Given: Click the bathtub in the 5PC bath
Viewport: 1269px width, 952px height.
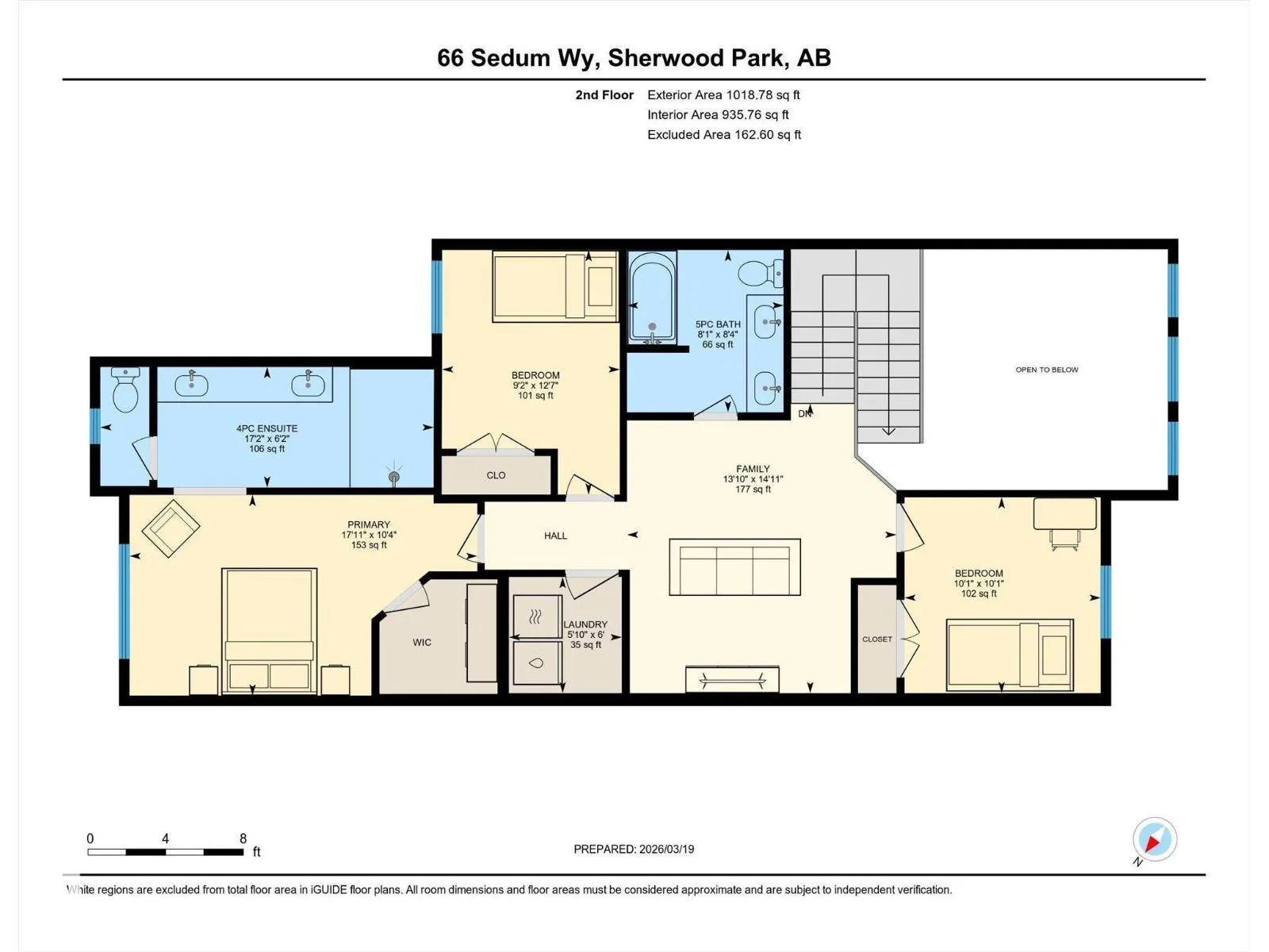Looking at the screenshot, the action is coord(652,297).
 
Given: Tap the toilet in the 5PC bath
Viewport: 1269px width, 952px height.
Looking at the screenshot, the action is coord(761,273).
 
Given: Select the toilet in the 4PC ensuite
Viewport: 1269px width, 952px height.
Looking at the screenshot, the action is coord(125,390).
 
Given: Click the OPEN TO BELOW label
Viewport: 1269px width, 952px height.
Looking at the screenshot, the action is coord(1047,370).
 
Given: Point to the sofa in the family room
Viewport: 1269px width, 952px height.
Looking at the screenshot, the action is coord(734,567).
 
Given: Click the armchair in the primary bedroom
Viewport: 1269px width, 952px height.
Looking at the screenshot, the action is coord(171,528).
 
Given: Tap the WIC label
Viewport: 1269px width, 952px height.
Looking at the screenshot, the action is coord(422,642).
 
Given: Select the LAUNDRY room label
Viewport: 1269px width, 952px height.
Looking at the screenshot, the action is coord(585,624).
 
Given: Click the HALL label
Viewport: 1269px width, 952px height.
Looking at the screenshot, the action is coord(556,535).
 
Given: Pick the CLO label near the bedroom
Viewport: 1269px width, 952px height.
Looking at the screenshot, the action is coord(496,475).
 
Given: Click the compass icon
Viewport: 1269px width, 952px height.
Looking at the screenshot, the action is coord(1155,839).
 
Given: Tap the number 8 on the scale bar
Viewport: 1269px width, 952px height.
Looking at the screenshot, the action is coord(243,838).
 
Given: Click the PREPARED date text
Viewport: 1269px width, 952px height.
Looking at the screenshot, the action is coord(634,849).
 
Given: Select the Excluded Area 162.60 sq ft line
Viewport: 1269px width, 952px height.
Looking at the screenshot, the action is coord(724,135).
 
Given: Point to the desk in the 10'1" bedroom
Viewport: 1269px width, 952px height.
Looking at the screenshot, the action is coord(1065,514).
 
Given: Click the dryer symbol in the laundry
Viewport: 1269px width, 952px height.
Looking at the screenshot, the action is coord(536,617).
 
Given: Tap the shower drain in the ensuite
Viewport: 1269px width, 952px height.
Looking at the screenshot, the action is coord(394,477).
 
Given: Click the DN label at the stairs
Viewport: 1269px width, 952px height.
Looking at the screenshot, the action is coord(805,414).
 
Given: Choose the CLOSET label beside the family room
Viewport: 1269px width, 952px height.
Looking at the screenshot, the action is coord(877,639).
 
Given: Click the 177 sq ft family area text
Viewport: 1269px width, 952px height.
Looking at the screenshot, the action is coord(753,489).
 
